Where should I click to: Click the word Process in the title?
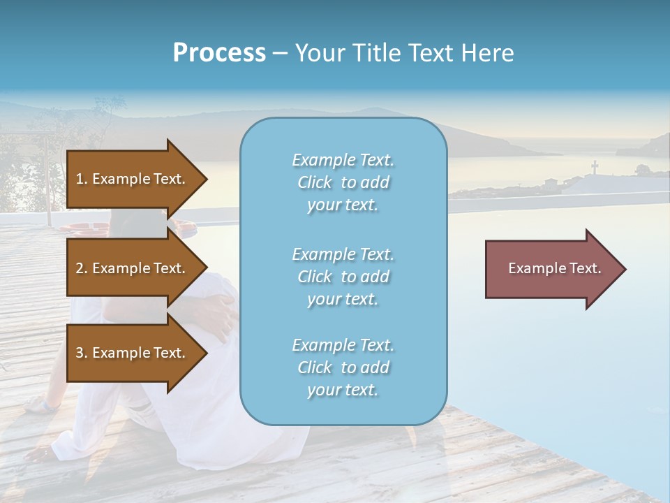[x=219, y=53]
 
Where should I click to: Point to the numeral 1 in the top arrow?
[x=79, y=179]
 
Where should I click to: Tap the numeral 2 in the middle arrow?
[x=80, y=268]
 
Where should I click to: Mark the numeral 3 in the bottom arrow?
[x=80, y=353]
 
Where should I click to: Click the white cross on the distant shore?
[x=595, y=168]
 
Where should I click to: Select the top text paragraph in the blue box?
[x=343, y=182]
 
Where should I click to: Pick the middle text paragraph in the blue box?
[x=343, y=277]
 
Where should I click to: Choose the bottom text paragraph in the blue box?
[x=343, y=367]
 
